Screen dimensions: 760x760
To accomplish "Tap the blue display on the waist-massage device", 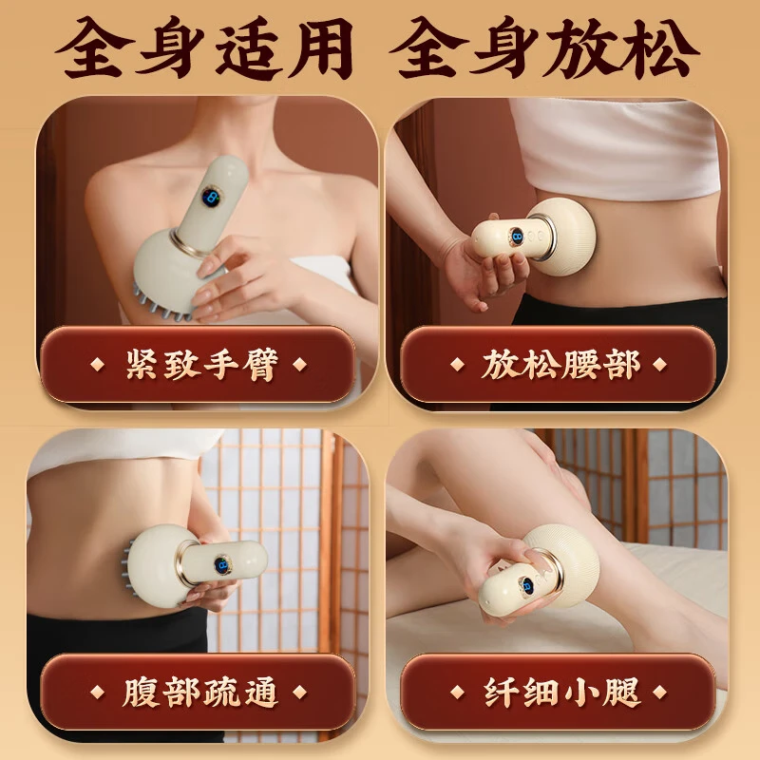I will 518,237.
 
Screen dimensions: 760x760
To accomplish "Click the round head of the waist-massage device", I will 566,237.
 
